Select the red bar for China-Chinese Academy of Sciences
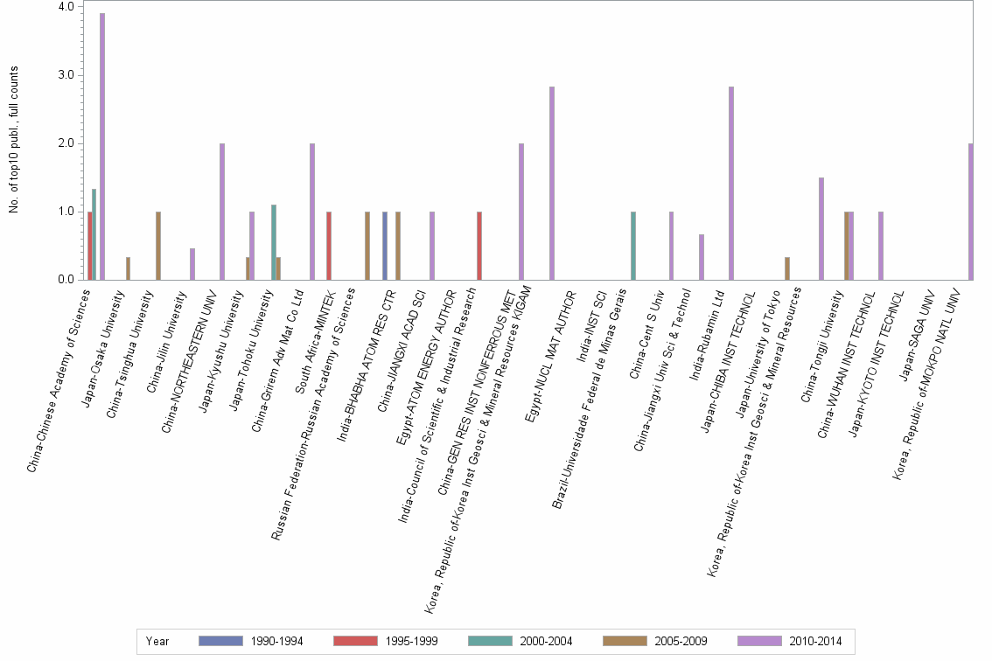[89, 246]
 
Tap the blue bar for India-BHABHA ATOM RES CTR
[385, 246]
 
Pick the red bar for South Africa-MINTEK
[328, 246]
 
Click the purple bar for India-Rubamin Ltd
[731, 184]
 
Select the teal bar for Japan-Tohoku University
[274, 242]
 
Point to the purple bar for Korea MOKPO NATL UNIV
[971, 212]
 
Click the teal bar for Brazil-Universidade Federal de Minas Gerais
[633, 246]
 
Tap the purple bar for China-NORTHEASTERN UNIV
[222, 212]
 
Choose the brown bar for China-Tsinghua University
[158, 246]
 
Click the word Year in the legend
[157, 642]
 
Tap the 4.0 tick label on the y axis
[66, 7]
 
